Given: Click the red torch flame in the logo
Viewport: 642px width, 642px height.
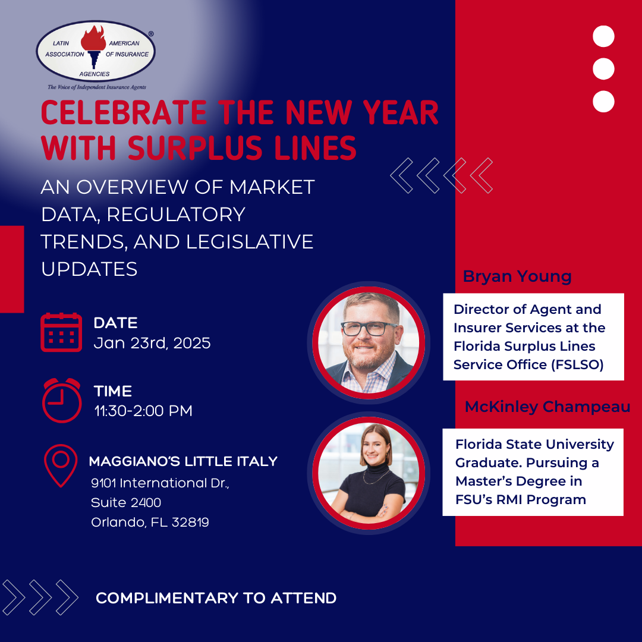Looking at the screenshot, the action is point(93,37).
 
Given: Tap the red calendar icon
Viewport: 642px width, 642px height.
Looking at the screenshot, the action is point(61,332).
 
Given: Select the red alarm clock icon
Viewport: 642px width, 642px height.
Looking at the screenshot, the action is point(62,400).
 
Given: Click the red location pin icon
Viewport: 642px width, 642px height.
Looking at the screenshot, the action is point(61,465).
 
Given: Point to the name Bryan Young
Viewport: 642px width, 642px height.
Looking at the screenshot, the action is point(517,277).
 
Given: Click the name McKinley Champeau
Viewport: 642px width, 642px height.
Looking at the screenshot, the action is point(547,407).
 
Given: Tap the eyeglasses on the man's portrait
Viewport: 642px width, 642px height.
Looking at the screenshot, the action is point(369,328).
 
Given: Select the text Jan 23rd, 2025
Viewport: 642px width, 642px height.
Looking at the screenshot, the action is point(152,343).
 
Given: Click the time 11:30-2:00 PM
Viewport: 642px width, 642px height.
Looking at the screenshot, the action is point(143,411).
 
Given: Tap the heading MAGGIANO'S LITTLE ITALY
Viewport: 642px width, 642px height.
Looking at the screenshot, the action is point(183,461).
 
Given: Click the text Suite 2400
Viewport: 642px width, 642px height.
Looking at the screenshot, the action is point(126,502).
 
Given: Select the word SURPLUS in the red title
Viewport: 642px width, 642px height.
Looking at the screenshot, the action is point(195,147).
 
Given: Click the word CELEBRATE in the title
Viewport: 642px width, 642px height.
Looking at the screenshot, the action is point(124,112).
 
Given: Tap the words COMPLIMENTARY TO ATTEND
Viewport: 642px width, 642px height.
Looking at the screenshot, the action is point(216,598).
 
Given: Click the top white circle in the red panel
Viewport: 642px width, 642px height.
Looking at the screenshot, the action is point(603,36).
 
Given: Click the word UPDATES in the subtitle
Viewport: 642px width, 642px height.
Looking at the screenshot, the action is point(89,269).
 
